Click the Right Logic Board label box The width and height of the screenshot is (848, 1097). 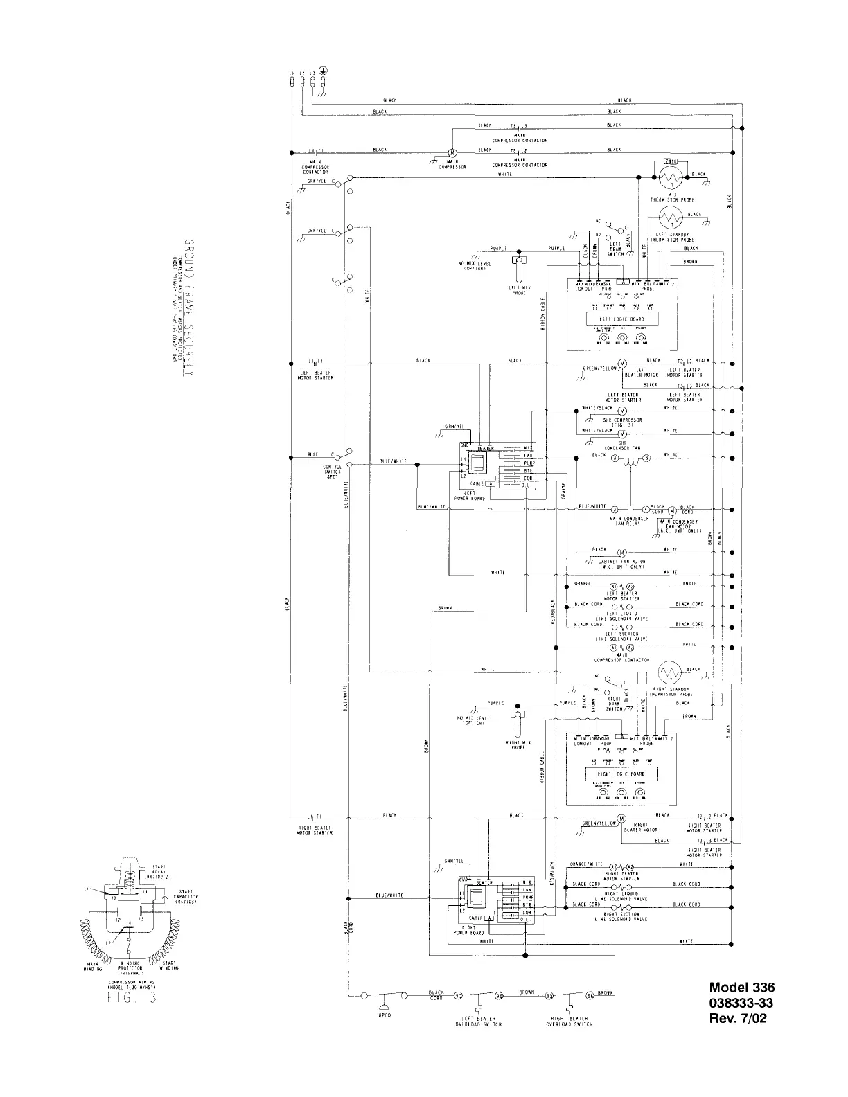616,774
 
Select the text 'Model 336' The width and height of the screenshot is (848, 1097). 741,988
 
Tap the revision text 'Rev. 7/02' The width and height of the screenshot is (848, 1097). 739,1018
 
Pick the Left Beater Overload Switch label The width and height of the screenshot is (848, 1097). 478,1021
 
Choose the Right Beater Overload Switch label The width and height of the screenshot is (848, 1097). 569,1021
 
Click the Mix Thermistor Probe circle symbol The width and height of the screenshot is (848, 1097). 670,179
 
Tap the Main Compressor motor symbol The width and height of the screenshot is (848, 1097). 451,152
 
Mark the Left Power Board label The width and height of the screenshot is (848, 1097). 475,496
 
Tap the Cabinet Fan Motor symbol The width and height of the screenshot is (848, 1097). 621,551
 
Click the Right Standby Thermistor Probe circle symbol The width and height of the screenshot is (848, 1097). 669,673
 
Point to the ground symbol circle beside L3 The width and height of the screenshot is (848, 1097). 324,69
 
